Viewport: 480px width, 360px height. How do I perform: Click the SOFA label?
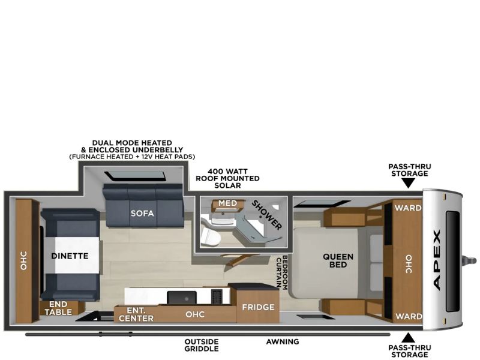(x=142, y=214)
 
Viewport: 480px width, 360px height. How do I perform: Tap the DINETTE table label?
(x=70, y=256)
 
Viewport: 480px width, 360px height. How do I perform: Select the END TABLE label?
(x=58, y=308)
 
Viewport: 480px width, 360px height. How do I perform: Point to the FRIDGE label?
(x=258, y=307)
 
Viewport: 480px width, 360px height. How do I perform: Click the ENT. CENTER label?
(x=136, y=314)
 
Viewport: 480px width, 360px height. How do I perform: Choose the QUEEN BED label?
(x=338, y=260)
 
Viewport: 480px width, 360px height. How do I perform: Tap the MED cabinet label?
(x=227, y=203)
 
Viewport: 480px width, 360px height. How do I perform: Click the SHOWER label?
(x=266, y=215)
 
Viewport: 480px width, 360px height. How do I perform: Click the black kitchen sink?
(x=182, y=298)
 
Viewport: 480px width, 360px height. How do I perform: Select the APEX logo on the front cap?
(x=437, y=260)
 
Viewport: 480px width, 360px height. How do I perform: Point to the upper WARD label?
(x=408, y=208)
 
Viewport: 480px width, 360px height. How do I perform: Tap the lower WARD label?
(x=409, y=316)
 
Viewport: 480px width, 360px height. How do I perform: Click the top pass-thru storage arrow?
(x=408, y=184)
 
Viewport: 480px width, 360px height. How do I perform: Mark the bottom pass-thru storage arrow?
(x=408, y=338)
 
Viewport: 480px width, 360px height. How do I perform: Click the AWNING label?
(x=282, y=341)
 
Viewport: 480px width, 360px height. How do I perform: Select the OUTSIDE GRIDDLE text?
(x=202, y=345)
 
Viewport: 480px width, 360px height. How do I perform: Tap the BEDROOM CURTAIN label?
(x=281, y=272)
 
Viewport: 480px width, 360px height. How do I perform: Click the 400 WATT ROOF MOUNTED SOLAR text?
(x=227, y=178)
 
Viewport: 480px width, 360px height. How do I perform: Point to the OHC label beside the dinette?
(x=23, y=261)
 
